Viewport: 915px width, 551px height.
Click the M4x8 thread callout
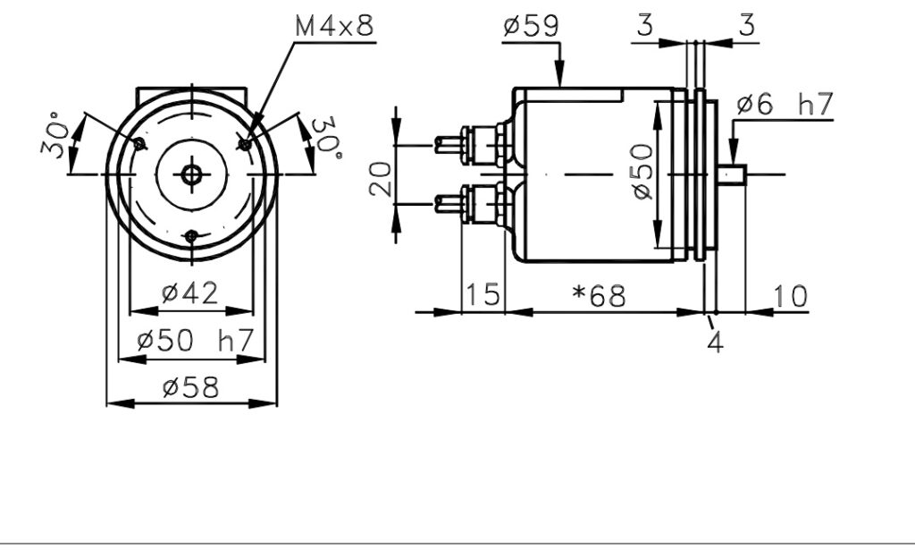click(334, 26)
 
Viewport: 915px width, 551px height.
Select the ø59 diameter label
click(531, 26)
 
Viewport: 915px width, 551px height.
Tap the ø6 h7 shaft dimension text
click(785, 105)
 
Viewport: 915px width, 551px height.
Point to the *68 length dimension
click(599, 296)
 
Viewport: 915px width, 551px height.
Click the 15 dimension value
click(483, 294)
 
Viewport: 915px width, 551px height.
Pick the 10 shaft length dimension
click(790, 296)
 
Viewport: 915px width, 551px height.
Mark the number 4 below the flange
click(716, 343)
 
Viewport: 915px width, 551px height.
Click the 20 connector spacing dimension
click(381, 179)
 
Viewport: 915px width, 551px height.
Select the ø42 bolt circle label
click(189, 292)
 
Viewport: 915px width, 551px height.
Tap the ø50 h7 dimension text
click(195, 341)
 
